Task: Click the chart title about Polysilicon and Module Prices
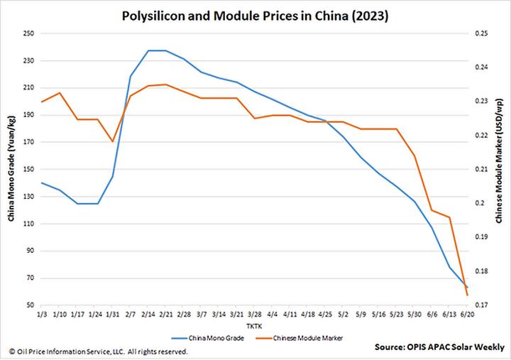point(255,14)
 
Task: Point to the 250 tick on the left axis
point(29,33)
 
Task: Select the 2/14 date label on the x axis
point(148,314)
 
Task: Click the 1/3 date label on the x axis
point(42,314)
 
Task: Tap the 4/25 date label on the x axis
point(326,314)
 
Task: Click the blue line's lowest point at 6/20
point(467,286)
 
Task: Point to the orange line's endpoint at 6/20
point(467,295)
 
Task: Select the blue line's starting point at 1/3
point(42,182)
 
